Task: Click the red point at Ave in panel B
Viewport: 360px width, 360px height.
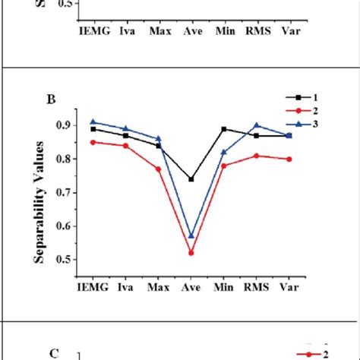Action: pyautogui.click(x=191, y=253)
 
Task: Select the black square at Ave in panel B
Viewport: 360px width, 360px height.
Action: pyautogui.click(x=191, y=179)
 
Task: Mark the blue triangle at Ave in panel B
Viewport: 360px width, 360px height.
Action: pyautogui.click(x=191, y=236)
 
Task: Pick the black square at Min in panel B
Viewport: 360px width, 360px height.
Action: pyautogui.click(x=223, y=129)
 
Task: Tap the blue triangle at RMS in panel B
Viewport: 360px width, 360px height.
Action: pyautogui.click(x=256, y=125)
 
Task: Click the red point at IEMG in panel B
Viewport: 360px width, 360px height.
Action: pyautogui.click(x=93, y=142)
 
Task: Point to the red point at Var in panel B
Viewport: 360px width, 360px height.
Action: pyautogui.click(x=289, y=159)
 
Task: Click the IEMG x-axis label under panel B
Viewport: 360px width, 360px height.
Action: pyautogui.click(x=93, y=289)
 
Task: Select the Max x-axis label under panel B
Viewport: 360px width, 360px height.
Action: pyautogui.click(x=158, y=289)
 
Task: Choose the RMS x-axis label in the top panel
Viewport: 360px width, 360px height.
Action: pyautogui.click(x=256, y=33)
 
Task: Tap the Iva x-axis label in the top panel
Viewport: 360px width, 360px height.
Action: pyautogui.click(x=125, y=33)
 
